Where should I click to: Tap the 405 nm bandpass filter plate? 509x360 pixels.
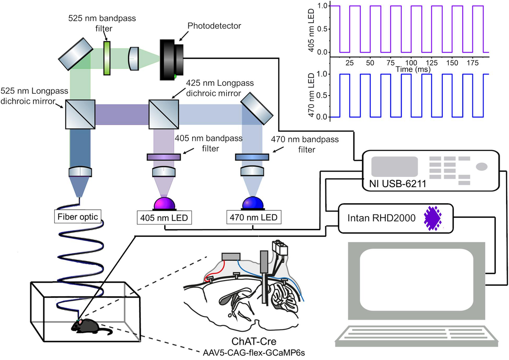[x=164, y=157]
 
